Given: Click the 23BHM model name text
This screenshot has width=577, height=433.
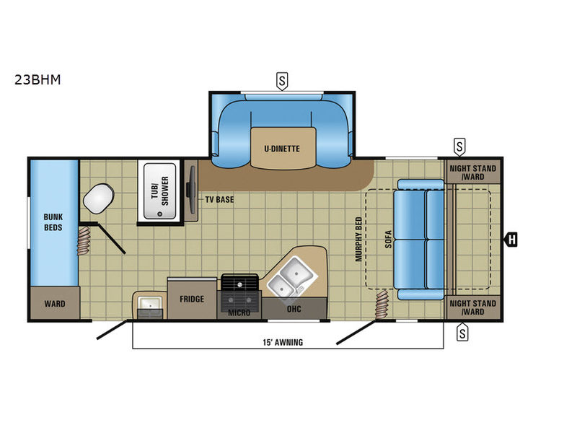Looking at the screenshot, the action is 38,79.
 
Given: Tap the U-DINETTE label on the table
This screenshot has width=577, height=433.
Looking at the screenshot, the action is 282,149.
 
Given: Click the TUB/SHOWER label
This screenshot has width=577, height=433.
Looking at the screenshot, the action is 159,191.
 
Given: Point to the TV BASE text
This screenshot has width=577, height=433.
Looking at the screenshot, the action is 219,200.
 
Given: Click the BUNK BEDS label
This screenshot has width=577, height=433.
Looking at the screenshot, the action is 53,222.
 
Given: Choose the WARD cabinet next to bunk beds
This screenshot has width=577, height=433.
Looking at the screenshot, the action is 55,303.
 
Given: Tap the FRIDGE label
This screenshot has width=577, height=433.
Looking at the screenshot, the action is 192,299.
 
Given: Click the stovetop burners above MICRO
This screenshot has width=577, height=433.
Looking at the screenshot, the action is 239,292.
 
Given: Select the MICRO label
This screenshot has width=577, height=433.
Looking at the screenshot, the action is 239,313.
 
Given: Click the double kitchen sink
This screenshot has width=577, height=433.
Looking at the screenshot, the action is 291,277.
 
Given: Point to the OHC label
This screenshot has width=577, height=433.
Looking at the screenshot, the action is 294,309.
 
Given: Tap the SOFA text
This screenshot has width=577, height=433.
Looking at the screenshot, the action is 388,239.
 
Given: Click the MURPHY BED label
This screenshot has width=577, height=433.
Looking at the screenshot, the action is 358,240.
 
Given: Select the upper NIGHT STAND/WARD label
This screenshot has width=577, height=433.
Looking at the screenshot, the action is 473,172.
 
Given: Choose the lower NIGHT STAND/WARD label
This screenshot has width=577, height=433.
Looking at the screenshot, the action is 473,307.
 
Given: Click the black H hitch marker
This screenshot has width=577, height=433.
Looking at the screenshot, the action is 511,240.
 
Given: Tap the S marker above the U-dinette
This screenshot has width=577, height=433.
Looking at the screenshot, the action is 282,81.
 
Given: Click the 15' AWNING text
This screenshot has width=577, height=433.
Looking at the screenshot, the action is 283,342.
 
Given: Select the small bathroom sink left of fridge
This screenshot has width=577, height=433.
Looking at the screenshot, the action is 150,304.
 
